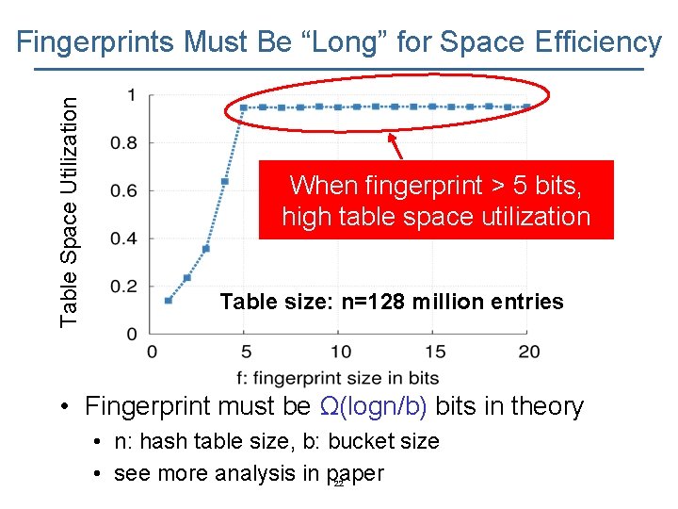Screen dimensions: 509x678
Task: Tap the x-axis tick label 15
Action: point(434,352)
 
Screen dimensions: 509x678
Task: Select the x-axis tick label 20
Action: point(529,352)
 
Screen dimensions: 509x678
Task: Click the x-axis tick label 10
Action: point(340,352)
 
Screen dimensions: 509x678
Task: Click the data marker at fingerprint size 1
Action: point(169,301)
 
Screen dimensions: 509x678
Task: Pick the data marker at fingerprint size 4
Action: point(225,181)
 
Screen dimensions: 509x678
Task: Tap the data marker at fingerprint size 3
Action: point(206,249)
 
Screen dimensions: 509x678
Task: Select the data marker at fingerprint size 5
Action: point(244,107)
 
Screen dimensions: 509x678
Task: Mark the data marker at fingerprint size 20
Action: point(527,107)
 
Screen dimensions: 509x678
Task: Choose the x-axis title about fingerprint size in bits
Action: point(339,377)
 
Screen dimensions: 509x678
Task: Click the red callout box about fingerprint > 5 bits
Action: point(436,200)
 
